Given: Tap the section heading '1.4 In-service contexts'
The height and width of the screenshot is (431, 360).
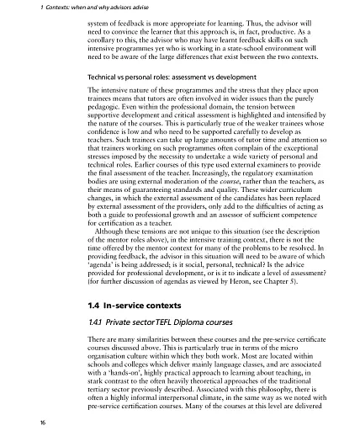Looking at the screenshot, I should [137, 303].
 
